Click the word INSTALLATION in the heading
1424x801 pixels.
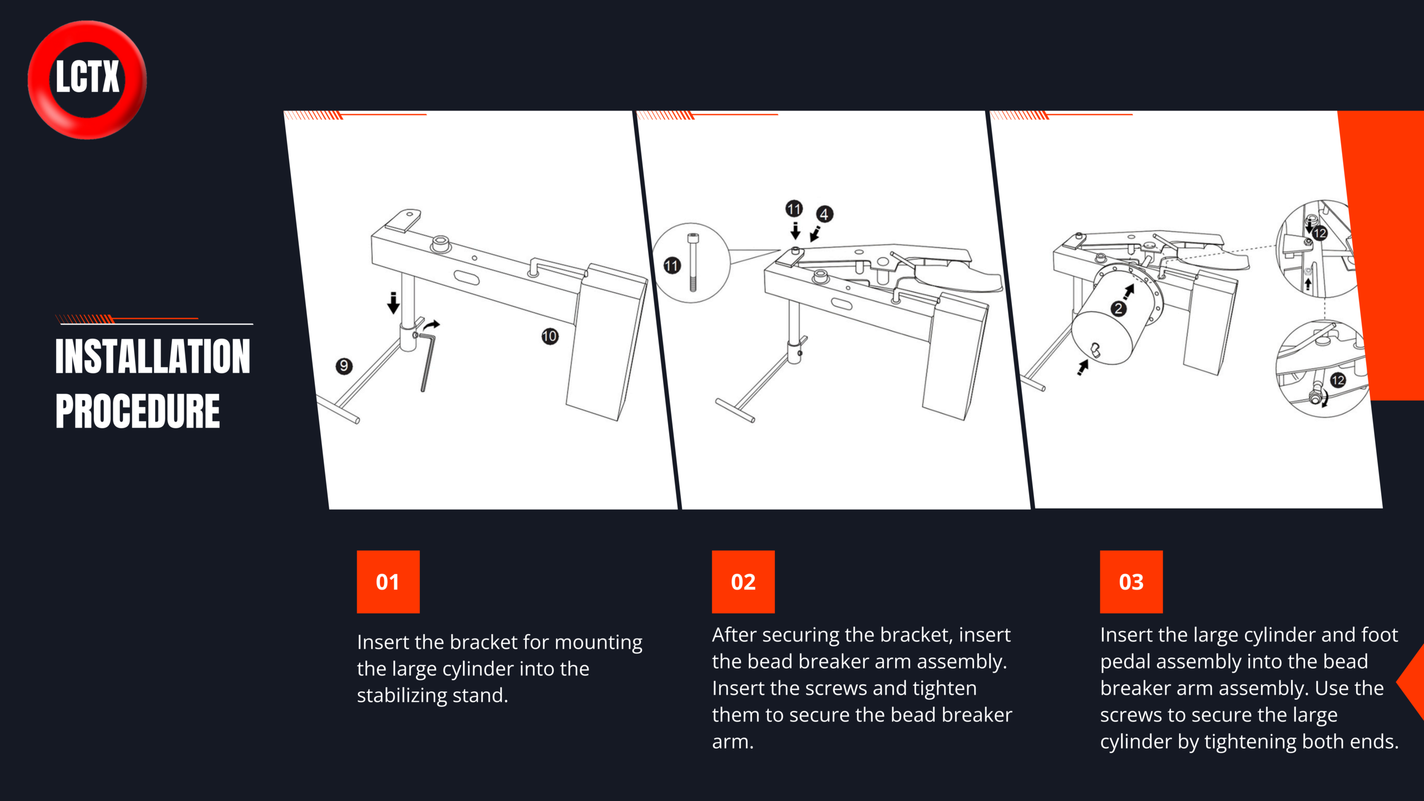[x=153, y=356]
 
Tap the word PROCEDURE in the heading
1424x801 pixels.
[x=138, y=411]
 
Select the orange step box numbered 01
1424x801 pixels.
[x=388, y=582]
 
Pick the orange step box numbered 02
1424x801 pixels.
[x=743, y=582]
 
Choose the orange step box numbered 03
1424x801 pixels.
[x=1131, y=582]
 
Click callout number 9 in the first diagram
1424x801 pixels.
[x=344, y=365]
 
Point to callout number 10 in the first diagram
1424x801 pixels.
[x=550, y=336]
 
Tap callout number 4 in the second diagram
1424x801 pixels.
[x=824, y=214]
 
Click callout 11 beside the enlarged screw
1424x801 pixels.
[x=672, y=265]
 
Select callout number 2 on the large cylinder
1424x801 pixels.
[x=1118, y=309]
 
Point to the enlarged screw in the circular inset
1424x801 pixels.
[x=693, y=262]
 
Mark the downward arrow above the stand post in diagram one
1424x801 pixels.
[x=393, y=303]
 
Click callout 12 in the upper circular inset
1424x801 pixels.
[x=1319, y=233]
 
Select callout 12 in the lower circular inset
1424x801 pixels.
[x=1338, y=380]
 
